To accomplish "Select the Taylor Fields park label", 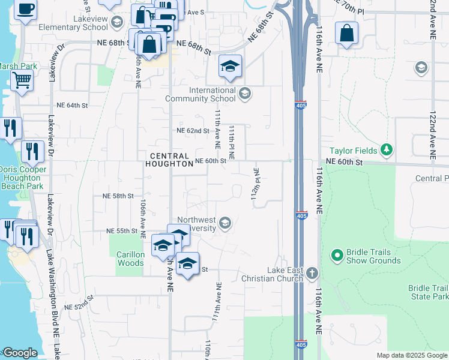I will click(x=353, y=151).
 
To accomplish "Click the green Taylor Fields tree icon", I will click(x=388, y=150).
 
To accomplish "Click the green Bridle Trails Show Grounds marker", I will click(x=337, y=256).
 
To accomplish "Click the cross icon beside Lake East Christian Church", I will click(x=311, y=274).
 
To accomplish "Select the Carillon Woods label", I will click(x=130, y=259).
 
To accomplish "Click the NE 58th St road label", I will click(x=118, y=196).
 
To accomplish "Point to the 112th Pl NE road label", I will click(x=256, y=184).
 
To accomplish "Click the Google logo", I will click(x=20, y=353).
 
